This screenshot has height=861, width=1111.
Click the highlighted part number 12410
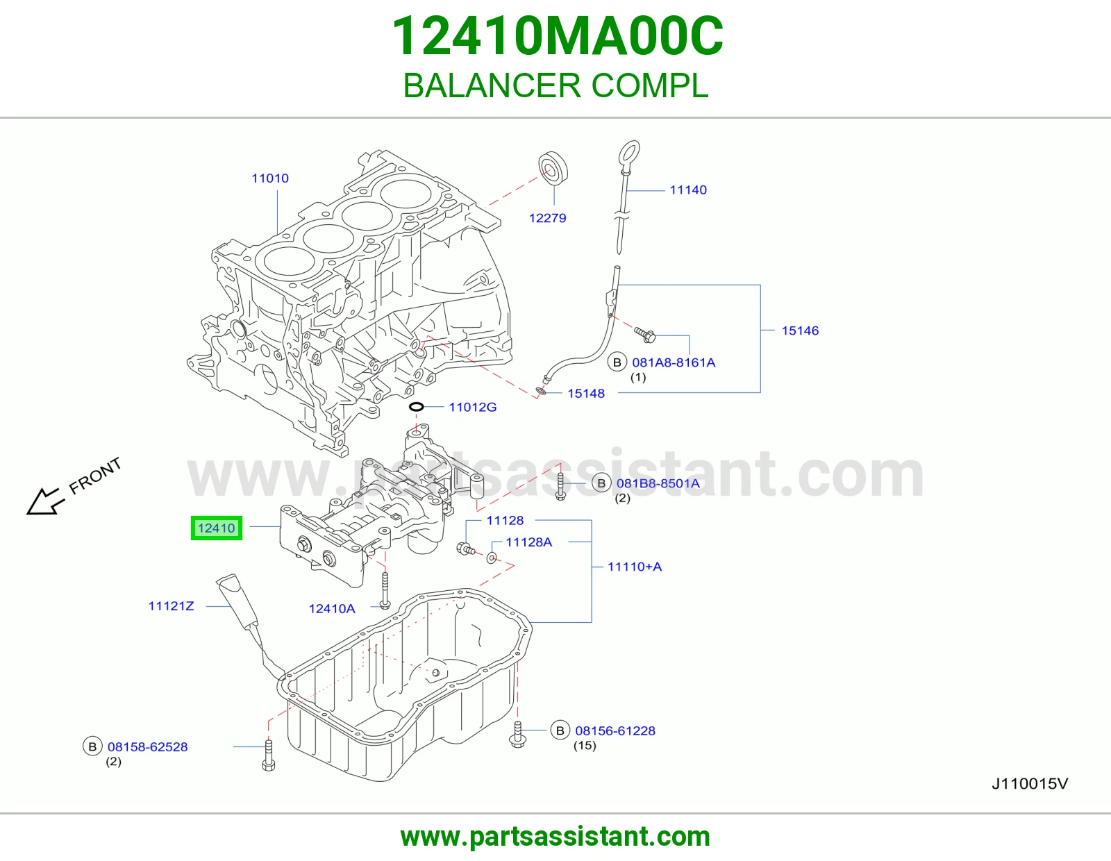(x=216, y=528)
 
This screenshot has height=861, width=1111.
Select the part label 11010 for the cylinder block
(x=270, y=178)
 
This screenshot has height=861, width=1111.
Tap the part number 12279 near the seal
(x=548, y=218)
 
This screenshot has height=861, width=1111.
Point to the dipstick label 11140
(x=688, y=190)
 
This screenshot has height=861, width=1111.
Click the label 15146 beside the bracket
(x=800, y=331)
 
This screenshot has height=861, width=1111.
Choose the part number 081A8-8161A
(x=674, y=363)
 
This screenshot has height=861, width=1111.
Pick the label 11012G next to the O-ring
(x=473, y=408)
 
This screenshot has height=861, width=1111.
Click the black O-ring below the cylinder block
(x=416, y=407)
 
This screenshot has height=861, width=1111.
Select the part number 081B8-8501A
(x=658, y=484)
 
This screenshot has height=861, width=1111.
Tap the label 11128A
(x=528, y=542)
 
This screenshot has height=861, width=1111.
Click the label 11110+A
(x=635, y=567)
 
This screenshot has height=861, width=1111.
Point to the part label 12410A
(x=332, y=609)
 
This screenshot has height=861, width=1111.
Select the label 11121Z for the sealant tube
(x=172, y=606)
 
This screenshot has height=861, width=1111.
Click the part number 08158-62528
(x=147, y=747)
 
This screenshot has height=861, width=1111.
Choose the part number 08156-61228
(x=615, y=731)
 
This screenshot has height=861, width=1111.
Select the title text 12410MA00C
(x=558, y=36)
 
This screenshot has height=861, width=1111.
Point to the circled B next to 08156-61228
(x=560, y=730)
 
